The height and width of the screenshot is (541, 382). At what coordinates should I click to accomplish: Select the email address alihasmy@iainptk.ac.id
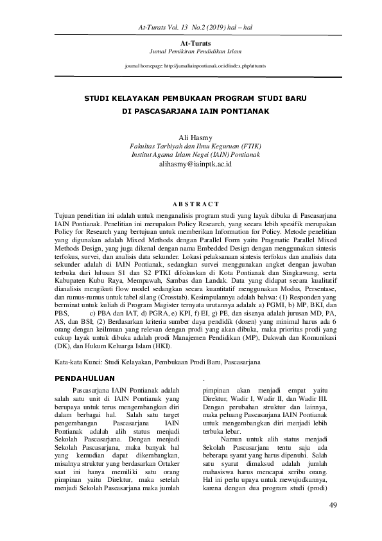click(191, 164)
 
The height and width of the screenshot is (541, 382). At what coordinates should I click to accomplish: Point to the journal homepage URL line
click(191, 66)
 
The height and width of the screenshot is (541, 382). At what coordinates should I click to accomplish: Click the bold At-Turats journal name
click(191, 42)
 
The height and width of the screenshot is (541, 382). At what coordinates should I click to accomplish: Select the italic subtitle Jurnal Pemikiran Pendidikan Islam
click(191, 51)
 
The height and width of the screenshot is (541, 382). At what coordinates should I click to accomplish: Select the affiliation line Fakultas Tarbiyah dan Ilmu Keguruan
click(191, 146)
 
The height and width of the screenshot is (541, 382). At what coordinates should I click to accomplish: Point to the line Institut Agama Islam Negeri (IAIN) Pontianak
click(191, 155)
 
